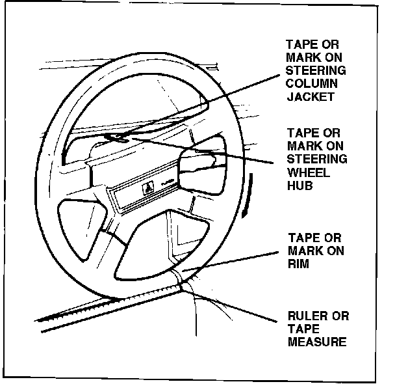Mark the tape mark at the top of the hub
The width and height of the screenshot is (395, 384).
(119, 137)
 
